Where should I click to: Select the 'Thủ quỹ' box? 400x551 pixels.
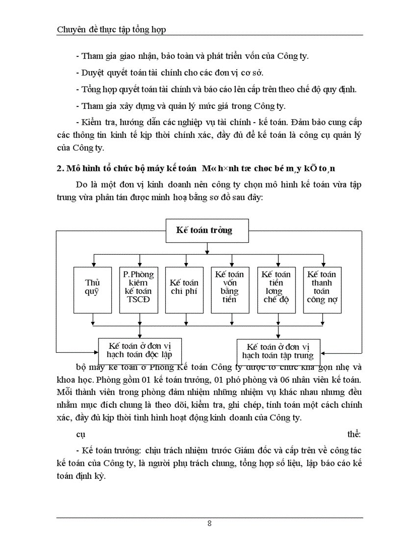tap(92, 289)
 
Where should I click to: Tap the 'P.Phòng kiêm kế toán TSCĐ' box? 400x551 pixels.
tap(138, 289)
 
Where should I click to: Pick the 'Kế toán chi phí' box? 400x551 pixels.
tap(184, 289)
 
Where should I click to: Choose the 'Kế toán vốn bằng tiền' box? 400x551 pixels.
tap(230, 289)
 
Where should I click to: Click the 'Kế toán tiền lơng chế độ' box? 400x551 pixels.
tap(276, 289)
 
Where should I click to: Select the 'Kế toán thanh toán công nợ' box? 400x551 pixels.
tap(322, 289)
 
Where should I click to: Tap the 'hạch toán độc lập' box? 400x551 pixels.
tap(140, 349)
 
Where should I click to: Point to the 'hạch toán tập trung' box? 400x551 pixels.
tap(278, 351)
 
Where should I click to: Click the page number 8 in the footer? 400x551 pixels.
tap(210, 523)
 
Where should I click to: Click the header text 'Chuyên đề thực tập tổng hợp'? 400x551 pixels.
tap(112, 29)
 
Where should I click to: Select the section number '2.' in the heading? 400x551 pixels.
tap(61, 169)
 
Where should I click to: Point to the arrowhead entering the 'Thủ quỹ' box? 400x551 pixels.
tap(93, 264)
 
